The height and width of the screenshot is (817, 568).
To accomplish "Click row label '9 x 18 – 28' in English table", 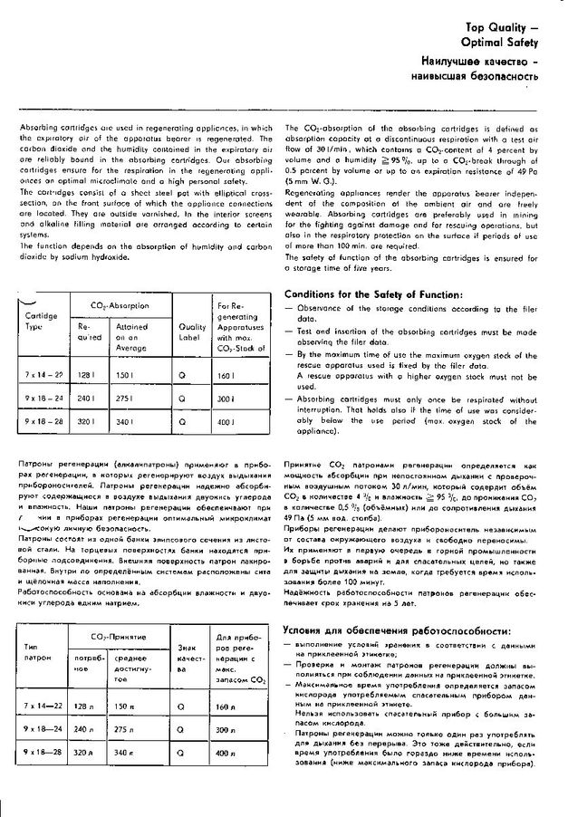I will [x=44, y=421].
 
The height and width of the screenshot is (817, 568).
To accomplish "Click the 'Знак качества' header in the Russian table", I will [x=188, y=658].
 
